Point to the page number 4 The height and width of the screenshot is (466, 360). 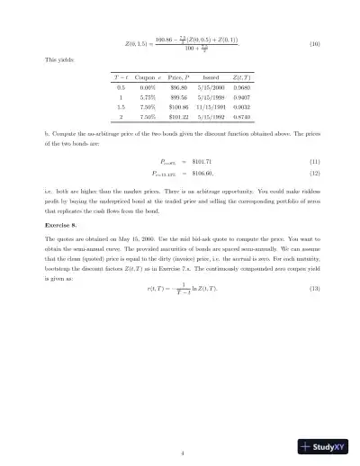(x=180, y=427)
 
